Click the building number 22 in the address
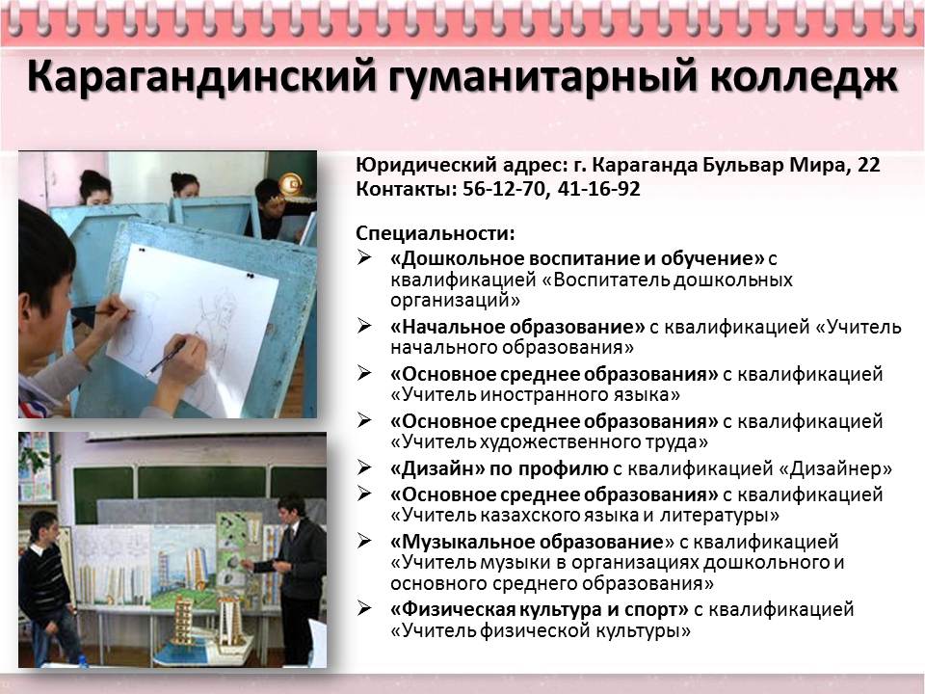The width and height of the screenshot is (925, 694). coord(868,165)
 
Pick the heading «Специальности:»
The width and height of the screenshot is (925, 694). coord(436,233)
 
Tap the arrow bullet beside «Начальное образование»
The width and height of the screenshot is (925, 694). coord(364,325)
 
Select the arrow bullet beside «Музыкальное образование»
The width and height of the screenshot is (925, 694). coord(364,540)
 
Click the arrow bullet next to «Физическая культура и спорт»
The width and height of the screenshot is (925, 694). coord(364,607)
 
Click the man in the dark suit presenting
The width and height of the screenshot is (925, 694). coord(295,579)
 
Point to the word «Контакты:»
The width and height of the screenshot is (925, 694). coord(407,189)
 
